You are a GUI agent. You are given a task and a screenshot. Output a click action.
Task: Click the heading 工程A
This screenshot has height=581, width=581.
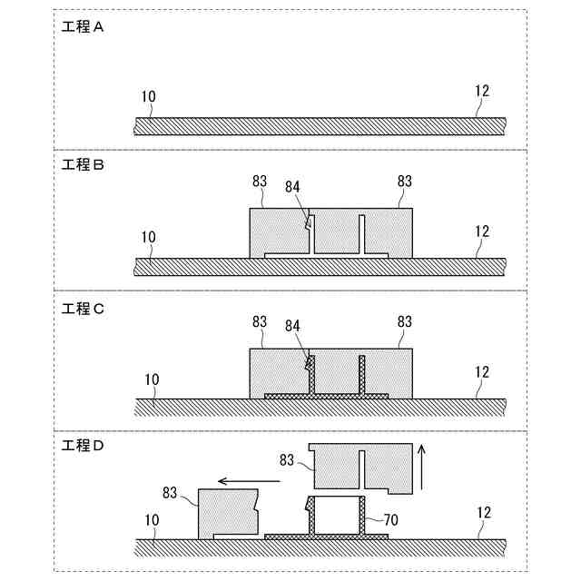84,27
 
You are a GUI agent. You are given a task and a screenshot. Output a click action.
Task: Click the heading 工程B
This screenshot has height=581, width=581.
84,166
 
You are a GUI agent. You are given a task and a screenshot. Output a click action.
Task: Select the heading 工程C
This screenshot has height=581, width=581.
84,308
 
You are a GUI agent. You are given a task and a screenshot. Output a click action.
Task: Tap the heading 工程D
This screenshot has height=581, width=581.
84,446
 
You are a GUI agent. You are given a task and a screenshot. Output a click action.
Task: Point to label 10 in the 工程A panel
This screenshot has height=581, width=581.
148,94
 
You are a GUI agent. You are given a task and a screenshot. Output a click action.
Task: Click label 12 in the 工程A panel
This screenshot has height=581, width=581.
481,90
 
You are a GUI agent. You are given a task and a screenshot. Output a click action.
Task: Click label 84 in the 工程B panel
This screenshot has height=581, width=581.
291,187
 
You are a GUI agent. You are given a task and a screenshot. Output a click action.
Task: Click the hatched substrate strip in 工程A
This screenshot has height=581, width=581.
318,126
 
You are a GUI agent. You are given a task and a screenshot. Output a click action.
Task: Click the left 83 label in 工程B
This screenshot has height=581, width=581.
260,182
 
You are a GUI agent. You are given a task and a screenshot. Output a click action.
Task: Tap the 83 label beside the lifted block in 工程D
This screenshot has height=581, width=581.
287,460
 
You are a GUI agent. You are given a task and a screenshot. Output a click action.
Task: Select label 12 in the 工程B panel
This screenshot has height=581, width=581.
481,231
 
